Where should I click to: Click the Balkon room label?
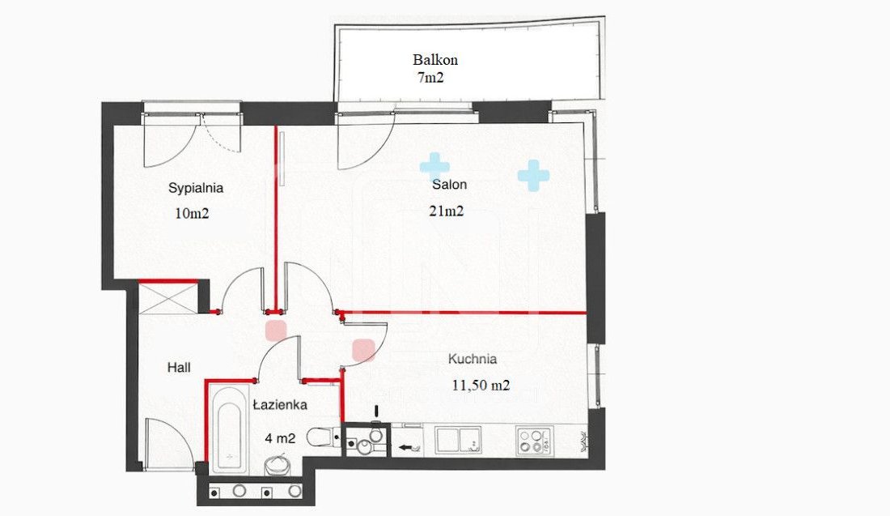pos(435,60)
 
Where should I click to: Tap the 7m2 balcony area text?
pos(430,77)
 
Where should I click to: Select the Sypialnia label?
pos(196,188)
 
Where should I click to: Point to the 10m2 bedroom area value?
pos(193,214)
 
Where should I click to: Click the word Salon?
pos(450,184)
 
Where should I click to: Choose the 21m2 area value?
pos(447,211)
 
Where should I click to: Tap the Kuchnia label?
pos(473,359)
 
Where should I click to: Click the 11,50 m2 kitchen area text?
pos(481,386)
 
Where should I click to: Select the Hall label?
pos(179,368)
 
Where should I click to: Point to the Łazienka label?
pos(281,404)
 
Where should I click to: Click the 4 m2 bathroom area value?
pos(281,438)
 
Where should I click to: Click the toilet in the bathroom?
pos(321,437)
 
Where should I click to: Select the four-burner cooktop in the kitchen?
pos(534,441)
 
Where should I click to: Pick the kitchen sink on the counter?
pos(458,440)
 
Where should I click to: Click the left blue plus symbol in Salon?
pos(434,167)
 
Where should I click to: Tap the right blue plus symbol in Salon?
pos(533,175)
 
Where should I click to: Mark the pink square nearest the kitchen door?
pos(363,350)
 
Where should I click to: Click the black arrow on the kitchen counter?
pos(405,447)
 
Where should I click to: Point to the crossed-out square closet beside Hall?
pos(168,298)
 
